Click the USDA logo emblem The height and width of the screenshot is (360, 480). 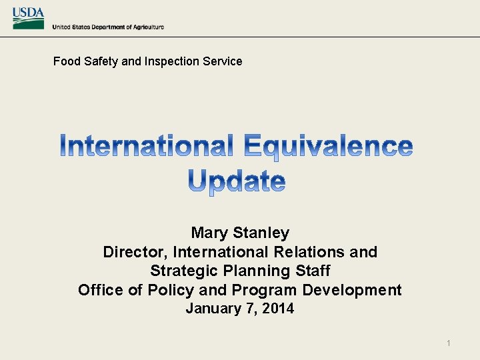tap(28, 18)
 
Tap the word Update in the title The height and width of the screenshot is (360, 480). tap(237, 181)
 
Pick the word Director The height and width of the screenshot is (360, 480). tap(135, 252)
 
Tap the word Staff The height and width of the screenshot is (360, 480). tap(311, 271)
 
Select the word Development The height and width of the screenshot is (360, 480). tap(352, 290)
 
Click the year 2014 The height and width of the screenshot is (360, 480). tap(279, 309)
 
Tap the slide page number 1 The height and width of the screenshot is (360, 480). tap(449, 343)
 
